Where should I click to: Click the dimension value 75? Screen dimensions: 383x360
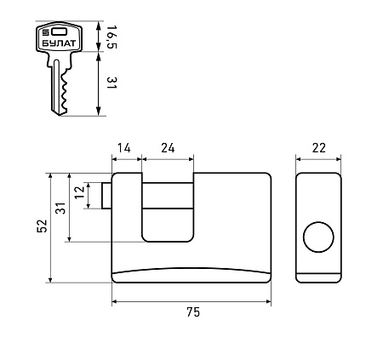(193, 311)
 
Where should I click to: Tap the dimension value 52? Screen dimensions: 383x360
(42, 226)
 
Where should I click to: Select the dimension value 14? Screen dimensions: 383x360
(124, 148)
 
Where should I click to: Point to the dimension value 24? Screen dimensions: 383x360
(168, 148)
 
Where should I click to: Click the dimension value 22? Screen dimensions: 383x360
(319, 148)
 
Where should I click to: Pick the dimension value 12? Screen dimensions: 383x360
(80, 192)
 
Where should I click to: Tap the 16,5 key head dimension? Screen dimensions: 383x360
(112, 37)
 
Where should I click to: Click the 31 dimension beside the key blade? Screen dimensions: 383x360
(111, 83)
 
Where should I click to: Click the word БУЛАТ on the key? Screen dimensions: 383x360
(60, 43)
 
